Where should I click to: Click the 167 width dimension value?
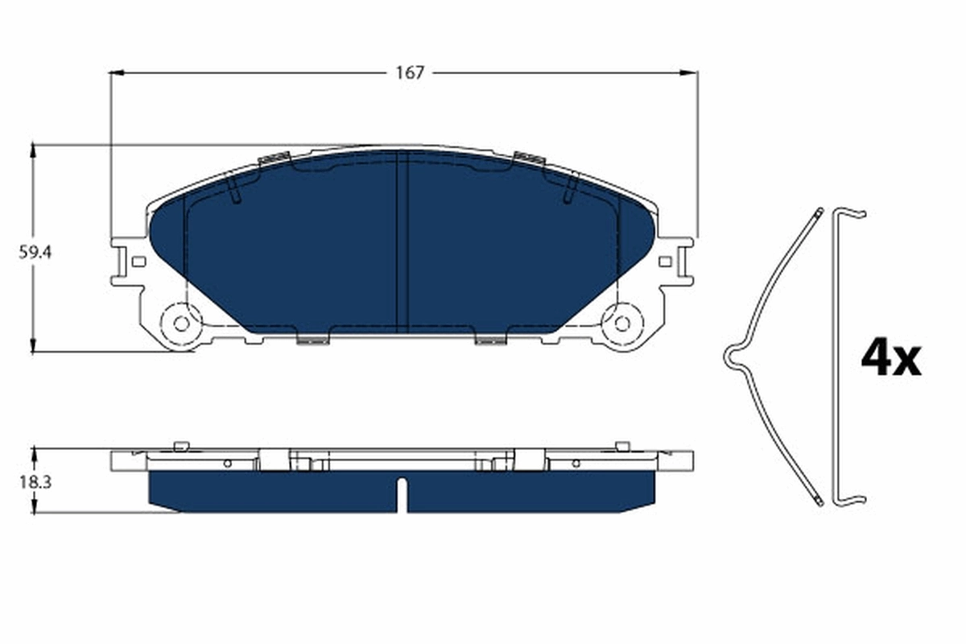pyautogui.click(x=409, y=72)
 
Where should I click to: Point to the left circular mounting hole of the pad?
pyautogui.click(x=181, y=323)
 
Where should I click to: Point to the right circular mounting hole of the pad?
pyautogui.click(x=621, y=323)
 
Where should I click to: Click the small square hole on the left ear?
pyautogui.click(x=138, y=261)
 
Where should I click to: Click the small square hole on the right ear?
pyautogui.click(x=664, y=261)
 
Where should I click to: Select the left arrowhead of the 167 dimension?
pyautogui.click(x=115, y=72)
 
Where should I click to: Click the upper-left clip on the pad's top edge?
pyautogui.click(x=274, y=158)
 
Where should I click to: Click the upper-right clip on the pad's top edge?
pyautogui.click(x=529, y=158)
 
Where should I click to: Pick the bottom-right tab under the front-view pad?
pyautogui.click(x=489, y=340)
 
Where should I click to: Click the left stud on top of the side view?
pyautogui.click(x=180, y=445)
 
